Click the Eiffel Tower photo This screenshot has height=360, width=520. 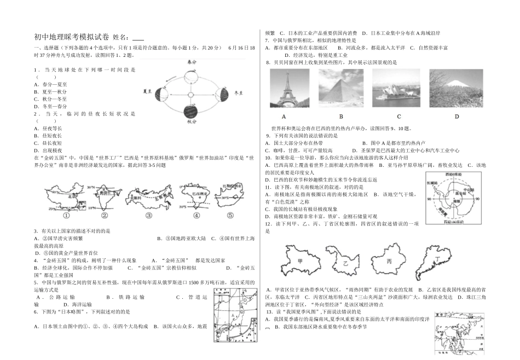(284, 88)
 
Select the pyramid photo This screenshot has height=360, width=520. (340, 88)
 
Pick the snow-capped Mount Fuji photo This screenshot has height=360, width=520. (457, 88)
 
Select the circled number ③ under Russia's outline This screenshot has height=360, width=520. (149, 216)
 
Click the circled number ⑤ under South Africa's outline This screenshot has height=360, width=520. (230, 215)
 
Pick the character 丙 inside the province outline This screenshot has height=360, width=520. (389, 262)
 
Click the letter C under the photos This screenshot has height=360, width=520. (399, 116)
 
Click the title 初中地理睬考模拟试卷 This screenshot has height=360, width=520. (72, 37)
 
